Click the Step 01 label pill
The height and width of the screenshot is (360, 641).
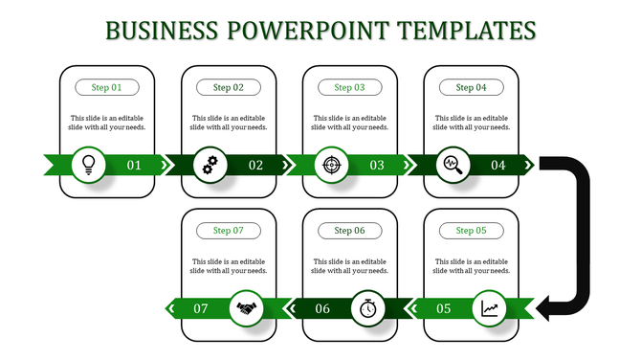(x=107, y=87)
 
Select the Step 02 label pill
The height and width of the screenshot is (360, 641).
(x=229, y=87)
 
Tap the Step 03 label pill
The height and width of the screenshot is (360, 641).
(x=349, y=87)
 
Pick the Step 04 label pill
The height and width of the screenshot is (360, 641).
(x=471, y=87)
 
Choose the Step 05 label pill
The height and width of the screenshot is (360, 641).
(x=471, y=231)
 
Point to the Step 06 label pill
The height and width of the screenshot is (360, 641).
(x=349, y=231)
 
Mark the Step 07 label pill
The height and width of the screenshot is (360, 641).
(x=229, y=231)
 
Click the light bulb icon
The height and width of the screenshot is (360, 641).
(x=89, y=164)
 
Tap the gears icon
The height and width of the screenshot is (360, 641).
(x=210, y=165)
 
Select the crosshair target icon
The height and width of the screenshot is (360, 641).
(x=331, y=165)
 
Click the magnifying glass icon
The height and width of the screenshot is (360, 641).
(x=452, y=165)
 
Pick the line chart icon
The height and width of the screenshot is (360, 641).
(x=490, y=308)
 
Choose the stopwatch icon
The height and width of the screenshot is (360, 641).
(x=368, y=308)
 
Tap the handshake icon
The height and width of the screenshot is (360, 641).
(x=248, y=308)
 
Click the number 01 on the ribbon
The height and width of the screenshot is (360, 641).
(x=134, y=166)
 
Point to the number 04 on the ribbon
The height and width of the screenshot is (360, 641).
(x=498, y=166)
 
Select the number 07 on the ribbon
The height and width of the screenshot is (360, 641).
(x=201, y=309)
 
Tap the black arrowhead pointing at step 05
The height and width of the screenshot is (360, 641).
(x=545, y=308)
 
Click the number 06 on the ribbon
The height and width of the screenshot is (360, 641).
(x=322, y=309)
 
